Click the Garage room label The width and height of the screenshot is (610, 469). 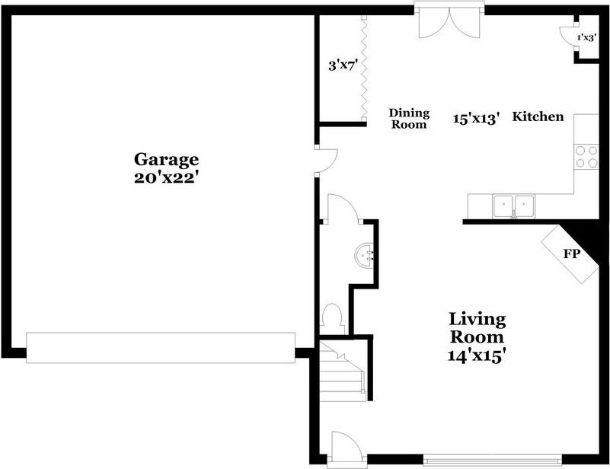click(166, 159)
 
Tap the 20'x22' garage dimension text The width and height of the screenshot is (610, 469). click(166, 177)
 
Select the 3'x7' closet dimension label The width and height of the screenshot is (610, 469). click(343, 65)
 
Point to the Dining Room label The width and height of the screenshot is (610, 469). click(409, 118)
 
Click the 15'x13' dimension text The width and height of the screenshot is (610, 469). click(476, 118)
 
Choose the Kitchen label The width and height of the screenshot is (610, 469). click(538, 116)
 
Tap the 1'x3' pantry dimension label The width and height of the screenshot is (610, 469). click(586, 37)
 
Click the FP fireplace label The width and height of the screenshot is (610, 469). click(572, 254)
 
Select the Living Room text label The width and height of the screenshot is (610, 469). click(477, 327)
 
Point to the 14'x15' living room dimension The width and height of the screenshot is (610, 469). click(477, 355)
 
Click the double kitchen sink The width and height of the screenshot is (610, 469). click(513, 205)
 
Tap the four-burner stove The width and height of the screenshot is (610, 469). click(586, 156)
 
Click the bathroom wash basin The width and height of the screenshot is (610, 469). click(364, 254)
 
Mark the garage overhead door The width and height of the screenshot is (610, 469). click(160, 347)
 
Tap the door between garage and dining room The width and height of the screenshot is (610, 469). click(325, 159)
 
